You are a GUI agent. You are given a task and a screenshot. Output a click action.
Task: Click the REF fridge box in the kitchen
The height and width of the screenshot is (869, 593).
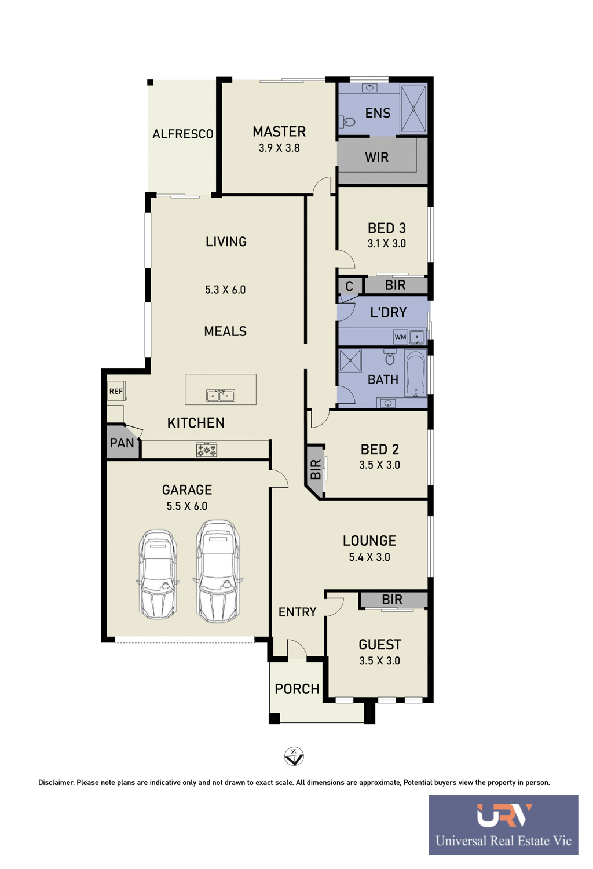116,391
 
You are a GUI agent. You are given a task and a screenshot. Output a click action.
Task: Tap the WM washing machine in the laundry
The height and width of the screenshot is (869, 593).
400,337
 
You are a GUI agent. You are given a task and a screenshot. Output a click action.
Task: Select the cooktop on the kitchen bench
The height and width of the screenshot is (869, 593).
206,450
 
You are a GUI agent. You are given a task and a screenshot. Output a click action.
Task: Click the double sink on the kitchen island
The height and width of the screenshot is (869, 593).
220,395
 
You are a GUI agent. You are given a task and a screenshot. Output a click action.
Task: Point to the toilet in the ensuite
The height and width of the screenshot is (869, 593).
347,122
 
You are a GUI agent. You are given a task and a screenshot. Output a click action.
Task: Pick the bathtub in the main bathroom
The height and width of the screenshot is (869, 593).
416,373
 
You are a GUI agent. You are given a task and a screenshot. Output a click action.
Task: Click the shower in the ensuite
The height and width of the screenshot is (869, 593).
413,109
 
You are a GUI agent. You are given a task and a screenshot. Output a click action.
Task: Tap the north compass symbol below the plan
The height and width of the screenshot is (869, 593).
294,756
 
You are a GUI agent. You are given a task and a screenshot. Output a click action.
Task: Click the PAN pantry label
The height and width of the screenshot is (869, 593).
122,443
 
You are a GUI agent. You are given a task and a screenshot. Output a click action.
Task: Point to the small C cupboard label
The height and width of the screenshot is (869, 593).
349,286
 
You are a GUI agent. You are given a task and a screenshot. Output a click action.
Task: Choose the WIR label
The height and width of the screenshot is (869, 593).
376,157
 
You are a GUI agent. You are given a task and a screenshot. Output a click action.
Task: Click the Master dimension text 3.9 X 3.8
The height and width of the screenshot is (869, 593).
279,148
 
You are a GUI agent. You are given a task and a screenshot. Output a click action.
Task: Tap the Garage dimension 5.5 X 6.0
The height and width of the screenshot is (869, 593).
187,506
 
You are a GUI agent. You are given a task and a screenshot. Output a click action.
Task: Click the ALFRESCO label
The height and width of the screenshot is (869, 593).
182,134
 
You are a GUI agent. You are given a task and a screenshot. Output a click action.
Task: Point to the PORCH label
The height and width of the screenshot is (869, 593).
297,689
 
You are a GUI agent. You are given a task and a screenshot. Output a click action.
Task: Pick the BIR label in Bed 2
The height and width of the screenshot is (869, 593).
316,469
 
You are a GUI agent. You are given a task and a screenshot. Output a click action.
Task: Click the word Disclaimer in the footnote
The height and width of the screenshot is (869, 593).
56,783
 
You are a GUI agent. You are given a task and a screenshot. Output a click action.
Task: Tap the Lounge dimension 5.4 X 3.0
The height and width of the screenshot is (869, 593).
369,557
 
